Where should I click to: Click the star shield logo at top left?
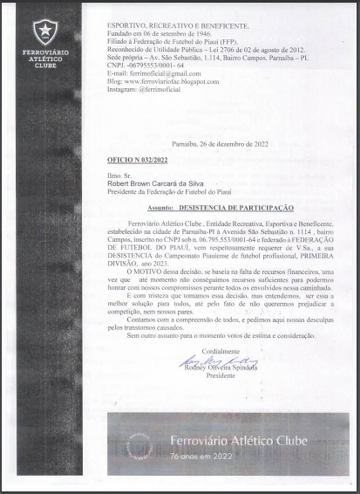pyautogui.click(x=45, y=32)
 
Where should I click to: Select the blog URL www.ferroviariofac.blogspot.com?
pyautogui.click(x=163, y=82)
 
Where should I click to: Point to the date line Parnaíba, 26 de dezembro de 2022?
pyautogui.click(x=220, y=145)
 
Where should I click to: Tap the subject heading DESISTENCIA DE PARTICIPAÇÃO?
pyautogui.click(x=236, y=208)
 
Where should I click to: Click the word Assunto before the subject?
pyautogui.click(x=160, y=208)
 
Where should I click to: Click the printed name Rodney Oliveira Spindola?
pyautogui.click(x=217, y=368)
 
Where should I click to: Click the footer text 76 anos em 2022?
pyautogui.click(x=201, y=456)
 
